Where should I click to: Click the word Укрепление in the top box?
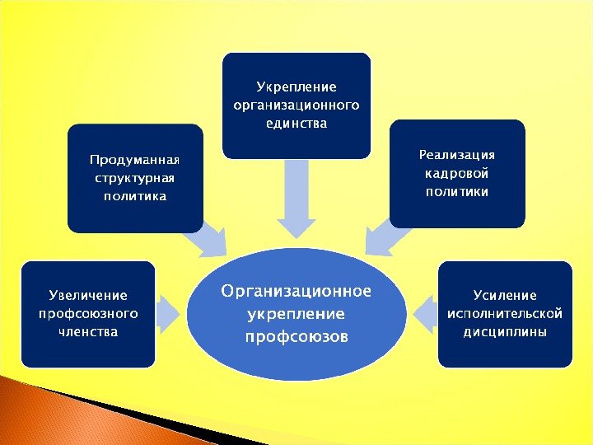(x=296, y=87)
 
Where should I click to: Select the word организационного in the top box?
(x=296, y=105)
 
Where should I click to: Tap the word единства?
(x=296, y=123)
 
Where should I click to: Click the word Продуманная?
(x=134, y=159)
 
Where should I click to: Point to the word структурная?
(x=134, y=177)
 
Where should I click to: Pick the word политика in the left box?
(x=134, y=195)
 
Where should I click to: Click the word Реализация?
(x=457, y=155)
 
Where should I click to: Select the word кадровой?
(x=457, y=173)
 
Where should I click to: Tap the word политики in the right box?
(x=457, y=191)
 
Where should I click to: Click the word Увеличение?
(x=88, y=295)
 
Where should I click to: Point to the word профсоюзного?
(x=88, y=313)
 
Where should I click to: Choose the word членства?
(x=88, y=331)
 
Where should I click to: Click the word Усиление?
(x=505, y=295)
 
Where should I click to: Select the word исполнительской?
(x=505, y=313)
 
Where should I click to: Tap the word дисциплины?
(x=505, y=331)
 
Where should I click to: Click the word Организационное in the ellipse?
(x=296, y=292)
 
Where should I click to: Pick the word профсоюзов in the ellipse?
(x=296, y=336)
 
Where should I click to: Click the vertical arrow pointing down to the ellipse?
(x=296, y=198)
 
